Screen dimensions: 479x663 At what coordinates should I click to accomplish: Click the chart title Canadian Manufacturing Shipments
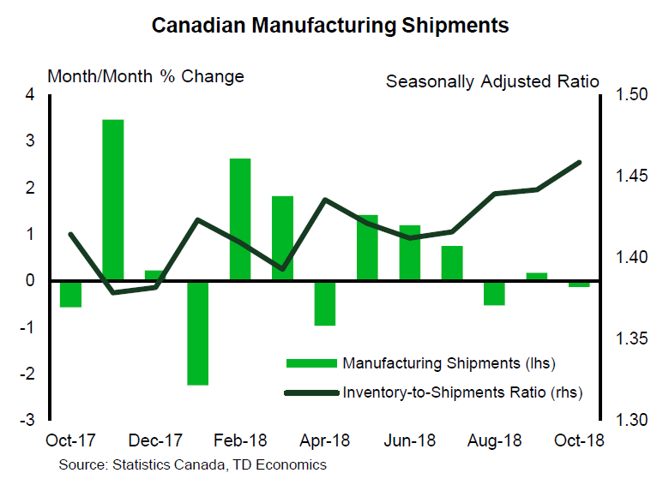click(330, 26)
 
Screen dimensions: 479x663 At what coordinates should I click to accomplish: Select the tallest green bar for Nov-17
click(113, 199)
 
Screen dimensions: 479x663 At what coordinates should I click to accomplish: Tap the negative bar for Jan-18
click(197, 332)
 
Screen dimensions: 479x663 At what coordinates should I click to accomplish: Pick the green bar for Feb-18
click(239, 219)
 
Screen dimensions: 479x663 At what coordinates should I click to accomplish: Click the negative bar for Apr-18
click(324, 302)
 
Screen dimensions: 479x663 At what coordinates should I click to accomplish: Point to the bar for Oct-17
click(70, 293)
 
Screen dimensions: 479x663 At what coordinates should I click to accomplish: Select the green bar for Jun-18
click(409, 252)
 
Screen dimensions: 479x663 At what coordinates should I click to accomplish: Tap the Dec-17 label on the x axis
click(155, 440)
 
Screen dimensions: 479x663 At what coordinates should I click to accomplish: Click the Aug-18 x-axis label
click(493, 440)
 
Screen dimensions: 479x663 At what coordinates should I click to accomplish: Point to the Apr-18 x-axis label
click(324, 440)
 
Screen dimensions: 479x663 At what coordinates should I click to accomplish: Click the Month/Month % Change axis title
click(146, 76)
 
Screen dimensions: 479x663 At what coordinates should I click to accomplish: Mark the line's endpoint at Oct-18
click(580, 162)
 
